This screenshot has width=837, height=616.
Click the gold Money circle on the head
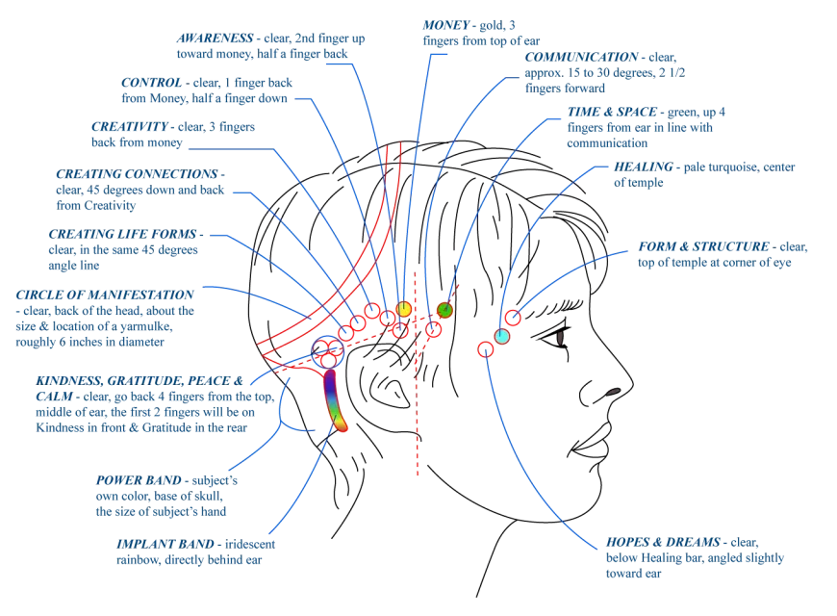pos(403,309)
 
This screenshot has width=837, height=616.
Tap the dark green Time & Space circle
pos(444,310)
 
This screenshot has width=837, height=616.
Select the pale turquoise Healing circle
pos(502,337)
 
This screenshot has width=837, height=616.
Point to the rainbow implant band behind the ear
pos(335,399)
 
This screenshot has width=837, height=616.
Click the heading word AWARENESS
pos(216,38)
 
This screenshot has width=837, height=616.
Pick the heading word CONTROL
pos(152,82)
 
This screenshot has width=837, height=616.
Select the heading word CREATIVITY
pos(130,127)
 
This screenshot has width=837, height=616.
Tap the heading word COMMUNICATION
pos(581,57)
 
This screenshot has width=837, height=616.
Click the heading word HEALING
pos(644,167)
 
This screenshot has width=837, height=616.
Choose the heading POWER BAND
pos(139,480)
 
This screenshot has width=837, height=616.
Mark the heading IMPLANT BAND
pos(165,544)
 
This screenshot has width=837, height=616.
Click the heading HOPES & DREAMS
pos(663,542)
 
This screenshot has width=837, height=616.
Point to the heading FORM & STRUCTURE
pos(703,246)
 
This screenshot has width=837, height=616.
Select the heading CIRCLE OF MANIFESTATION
pos(105,295)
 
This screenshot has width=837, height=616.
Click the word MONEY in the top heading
pos(445,25)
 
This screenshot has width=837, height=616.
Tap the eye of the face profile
pos(561,338)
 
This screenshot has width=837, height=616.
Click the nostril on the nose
pos(612,392)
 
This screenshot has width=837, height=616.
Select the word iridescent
pos(250,544)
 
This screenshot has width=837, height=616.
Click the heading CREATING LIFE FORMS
pos(123,234)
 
